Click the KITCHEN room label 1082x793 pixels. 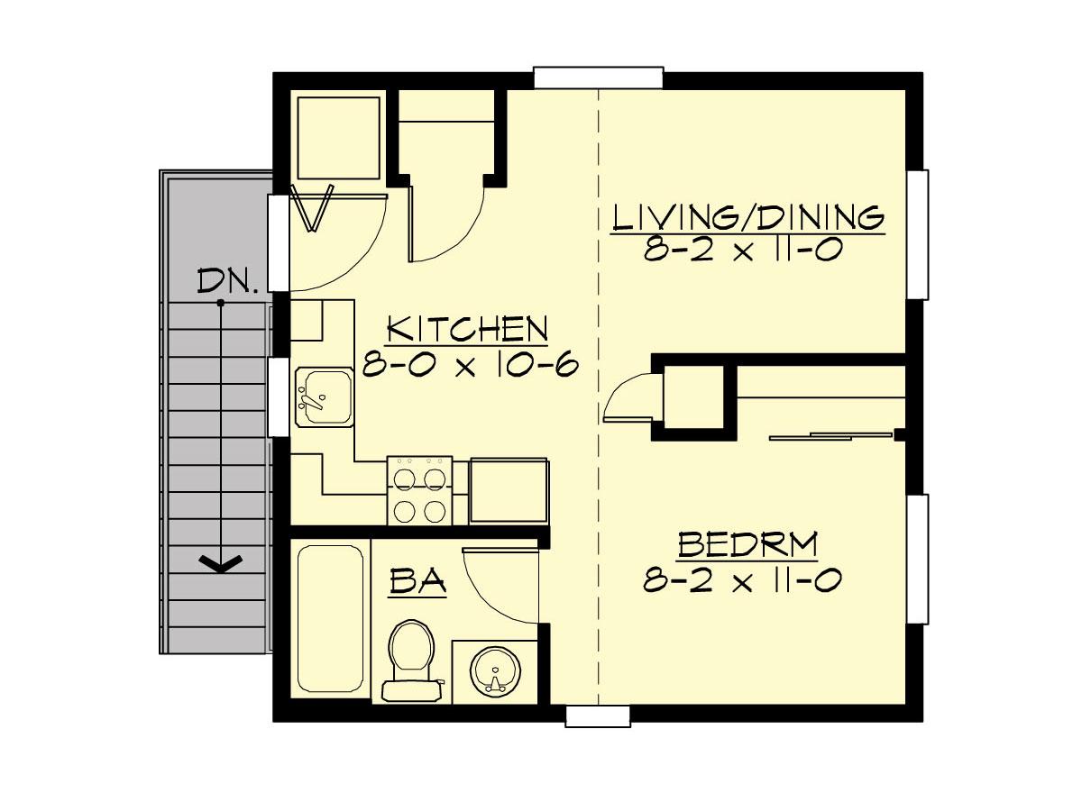click(x=468, y=329)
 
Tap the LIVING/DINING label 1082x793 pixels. click(x=748, y=217)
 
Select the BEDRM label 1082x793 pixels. click(x=747, y=544)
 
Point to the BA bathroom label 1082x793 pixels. click(x=417, y=580)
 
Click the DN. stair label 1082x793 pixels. click(x=227, y=281)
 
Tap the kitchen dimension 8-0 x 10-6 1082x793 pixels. click(x=471, y=365)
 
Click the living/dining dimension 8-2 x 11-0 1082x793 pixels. click(x=743, y=250)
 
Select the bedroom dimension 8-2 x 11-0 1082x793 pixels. click(x=742, y=579)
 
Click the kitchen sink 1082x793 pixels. click(x=325, y=396)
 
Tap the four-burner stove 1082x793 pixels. click(x=420, y=490)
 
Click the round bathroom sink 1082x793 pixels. click(x=495, y=671)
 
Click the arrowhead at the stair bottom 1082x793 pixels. click(x=221, y=563)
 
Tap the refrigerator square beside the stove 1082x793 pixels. click(x=509, y=491)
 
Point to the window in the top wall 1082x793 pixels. click(x=599, y=77)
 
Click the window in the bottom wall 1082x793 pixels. click(x=598, y=716)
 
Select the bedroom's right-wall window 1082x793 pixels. click(x=918, y=559)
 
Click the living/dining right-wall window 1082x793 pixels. click(x=918, y=234)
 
